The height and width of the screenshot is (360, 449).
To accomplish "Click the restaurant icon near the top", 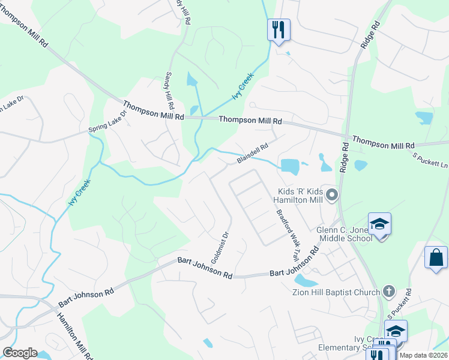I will point(278,29).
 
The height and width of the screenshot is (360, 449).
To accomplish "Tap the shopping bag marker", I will point(435,257).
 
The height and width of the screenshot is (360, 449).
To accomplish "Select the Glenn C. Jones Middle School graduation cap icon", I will point(379,224).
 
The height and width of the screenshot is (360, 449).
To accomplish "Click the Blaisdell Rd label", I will point(252,153).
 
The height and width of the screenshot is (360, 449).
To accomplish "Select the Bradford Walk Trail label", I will point(287,234).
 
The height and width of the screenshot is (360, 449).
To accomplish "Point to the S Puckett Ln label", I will point(430,160).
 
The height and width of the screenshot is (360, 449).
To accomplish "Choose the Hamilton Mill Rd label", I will point(74,335).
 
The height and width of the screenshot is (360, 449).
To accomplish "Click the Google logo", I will point(20,353).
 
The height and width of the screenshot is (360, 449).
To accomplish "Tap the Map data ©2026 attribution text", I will point(423,355).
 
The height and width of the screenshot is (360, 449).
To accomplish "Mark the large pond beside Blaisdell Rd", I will point(290,165).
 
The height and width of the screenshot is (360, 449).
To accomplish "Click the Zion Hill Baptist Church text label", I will point(336,292).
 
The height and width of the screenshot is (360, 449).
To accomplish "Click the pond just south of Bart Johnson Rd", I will point(306,281).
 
